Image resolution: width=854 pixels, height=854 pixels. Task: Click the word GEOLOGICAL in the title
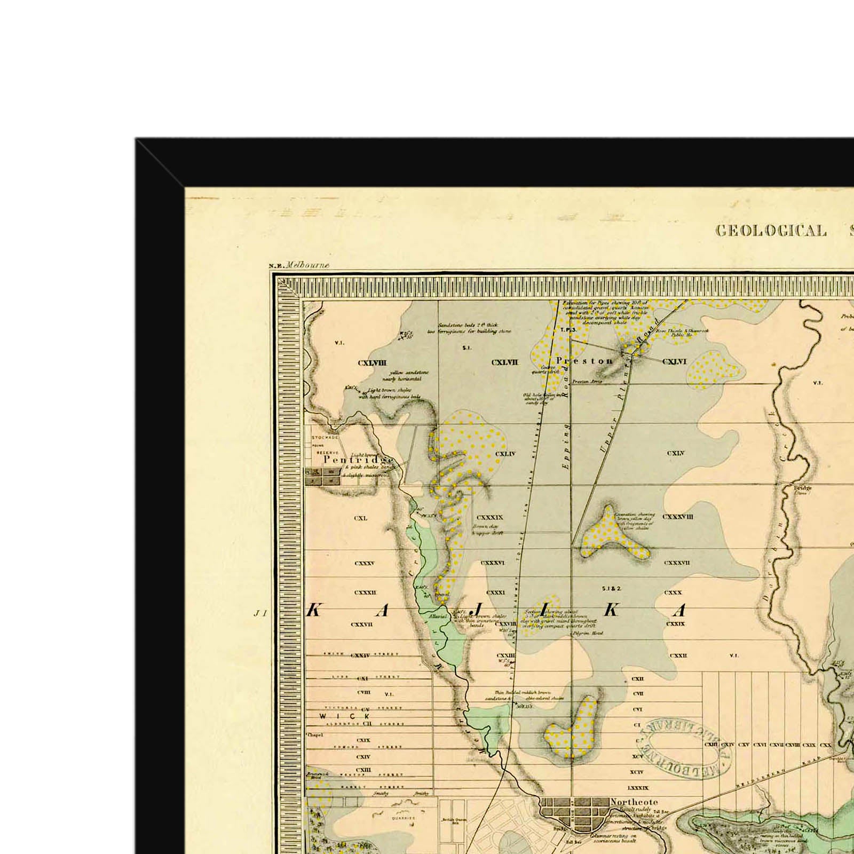[771, 231]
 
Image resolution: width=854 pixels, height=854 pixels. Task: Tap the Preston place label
[584, 361]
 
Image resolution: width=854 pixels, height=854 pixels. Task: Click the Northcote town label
[634, 802]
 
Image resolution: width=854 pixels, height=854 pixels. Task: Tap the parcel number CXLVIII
[372, 363]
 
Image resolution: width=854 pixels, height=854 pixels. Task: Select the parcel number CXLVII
[504, 362]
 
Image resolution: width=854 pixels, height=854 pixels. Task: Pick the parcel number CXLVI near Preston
[674, 361]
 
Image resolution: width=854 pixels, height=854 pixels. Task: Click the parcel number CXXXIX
[489, 517]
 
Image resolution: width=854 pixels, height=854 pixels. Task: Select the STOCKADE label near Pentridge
[325, 437]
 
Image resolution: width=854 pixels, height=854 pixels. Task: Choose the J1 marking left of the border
[260, 614]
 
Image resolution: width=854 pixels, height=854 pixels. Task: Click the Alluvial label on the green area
[438, 615]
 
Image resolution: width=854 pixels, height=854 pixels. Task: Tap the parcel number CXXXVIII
[677, 517]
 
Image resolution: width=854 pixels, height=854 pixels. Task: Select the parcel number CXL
[361, 518]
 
